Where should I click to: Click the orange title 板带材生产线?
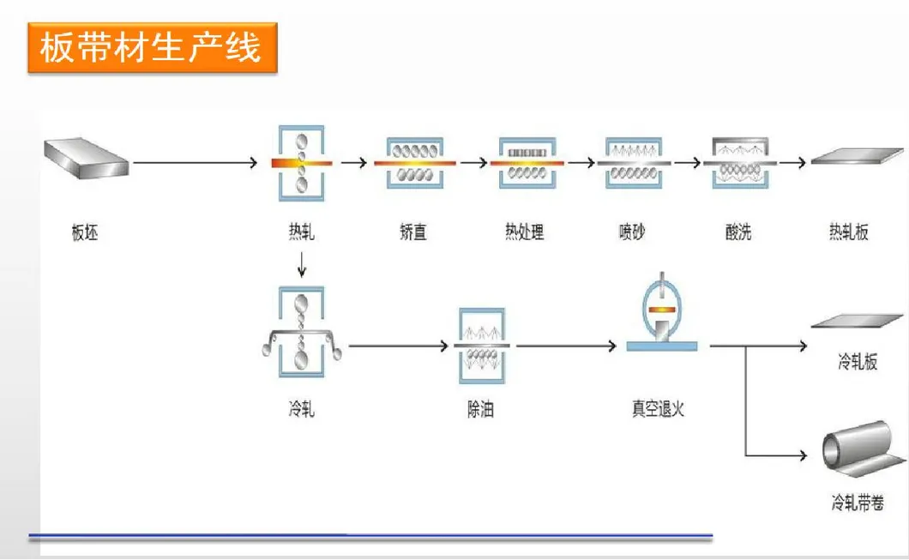(x=151, y=48)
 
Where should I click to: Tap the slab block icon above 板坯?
(x=86, y=161)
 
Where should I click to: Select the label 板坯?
(x=85, y=232)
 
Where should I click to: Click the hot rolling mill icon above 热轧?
(x=301, y=161)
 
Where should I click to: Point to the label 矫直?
(x=413, y=232)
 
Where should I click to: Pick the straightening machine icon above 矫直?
(x=414, y=161)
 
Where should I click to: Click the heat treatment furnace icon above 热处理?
(x=525, y=162)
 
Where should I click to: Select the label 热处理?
(x=525, y=232)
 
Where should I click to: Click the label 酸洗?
(x=738, y=232)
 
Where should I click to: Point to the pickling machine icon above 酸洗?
(x=738, y=162)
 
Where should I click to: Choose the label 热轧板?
(x=849, y=232)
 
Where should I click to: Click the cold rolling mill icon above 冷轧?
(x=301, y=333)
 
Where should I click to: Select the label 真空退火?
(x=659, y=409)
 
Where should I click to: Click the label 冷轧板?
(x=858, y=363)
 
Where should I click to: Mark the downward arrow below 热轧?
(x=301, y=266)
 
